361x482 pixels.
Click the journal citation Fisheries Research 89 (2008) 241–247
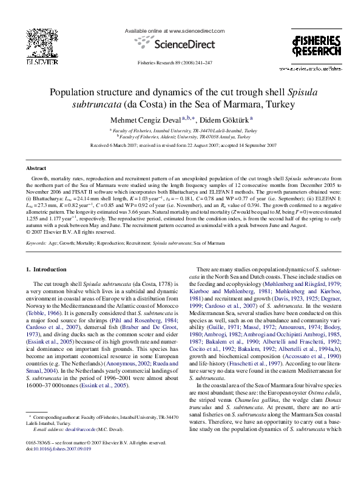[175, 63]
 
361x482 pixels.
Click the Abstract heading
[36, 168]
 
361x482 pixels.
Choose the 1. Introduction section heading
[46, 269]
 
